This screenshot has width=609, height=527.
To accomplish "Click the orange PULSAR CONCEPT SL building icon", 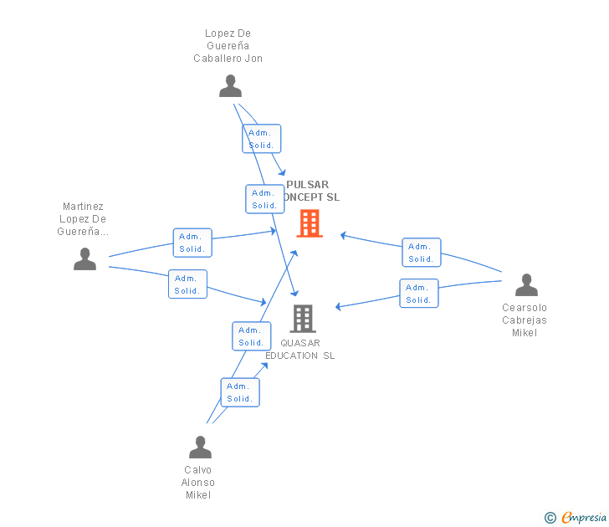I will point(309,223).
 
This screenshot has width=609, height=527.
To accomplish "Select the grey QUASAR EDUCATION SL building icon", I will point(302,318).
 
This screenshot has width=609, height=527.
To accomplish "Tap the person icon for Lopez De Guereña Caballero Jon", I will point(230,86).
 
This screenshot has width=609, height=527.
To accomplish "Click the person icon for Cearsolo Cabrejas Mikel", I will point(526,285).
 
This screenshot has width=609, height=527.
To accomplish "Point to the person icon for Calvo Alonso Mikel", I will point(200,447).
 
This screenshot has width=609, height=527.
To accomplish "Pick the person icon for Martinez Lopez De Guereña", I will point(84,259).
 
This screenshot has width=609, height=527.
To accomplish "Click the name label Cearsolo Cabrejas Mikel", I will point(525,320).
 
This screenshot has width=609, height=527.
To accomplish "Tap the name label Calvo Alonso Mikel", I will point(198,483).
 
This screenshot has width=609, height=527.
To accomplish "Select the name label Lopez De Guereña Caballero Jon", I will point(228,46).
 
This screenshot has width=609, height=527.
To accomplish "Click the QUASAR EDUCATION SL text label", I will point(300,350).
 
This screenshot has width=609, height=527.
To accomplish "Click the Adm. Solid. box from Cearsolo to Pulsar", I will point(421,253).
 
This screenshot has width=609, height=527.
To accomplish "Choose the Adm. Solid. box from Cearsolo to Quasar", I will point(418,294).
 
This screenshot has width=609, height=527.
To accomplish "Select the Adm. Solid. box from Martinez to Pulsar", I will point(192,243).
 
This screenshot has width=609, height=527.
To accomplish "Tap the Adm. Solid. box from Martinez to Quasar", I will point(187,284).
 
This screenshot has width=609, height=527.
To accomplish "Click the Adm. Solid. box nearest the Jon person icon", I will point(262,139).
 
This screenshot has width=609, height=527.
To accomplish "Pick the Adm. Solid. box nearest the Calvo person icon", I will point(240,392).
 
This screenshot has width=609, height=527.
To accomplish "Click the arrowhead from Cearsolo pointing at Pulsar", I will point(343,236).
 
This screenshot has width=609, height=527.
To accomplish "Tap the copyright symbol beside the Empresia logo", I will point(550,519).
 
